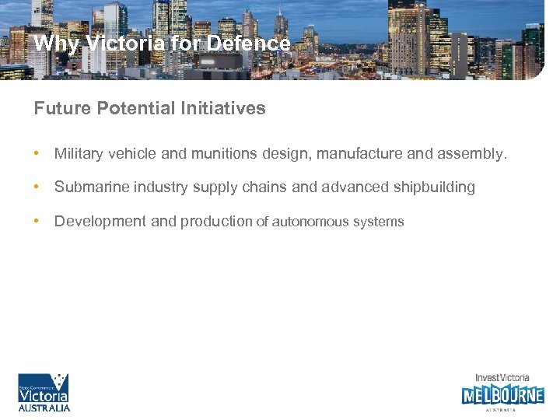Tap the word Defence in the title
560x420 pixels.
249,44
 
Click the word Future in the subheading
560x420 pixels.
63,109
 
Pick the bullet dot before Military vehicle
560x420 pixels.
37,154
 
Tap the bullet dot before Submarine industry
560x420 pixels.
37,187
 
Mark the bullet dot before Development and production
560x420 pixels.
37,221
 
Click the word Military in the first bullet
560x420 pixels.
79,154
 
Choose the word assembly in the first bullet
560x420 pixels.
470,154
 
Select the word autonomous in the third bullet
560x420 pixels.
310,222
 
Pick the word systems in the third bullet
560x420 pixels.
379,222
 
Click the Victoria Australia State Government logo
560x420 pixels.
44,392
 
